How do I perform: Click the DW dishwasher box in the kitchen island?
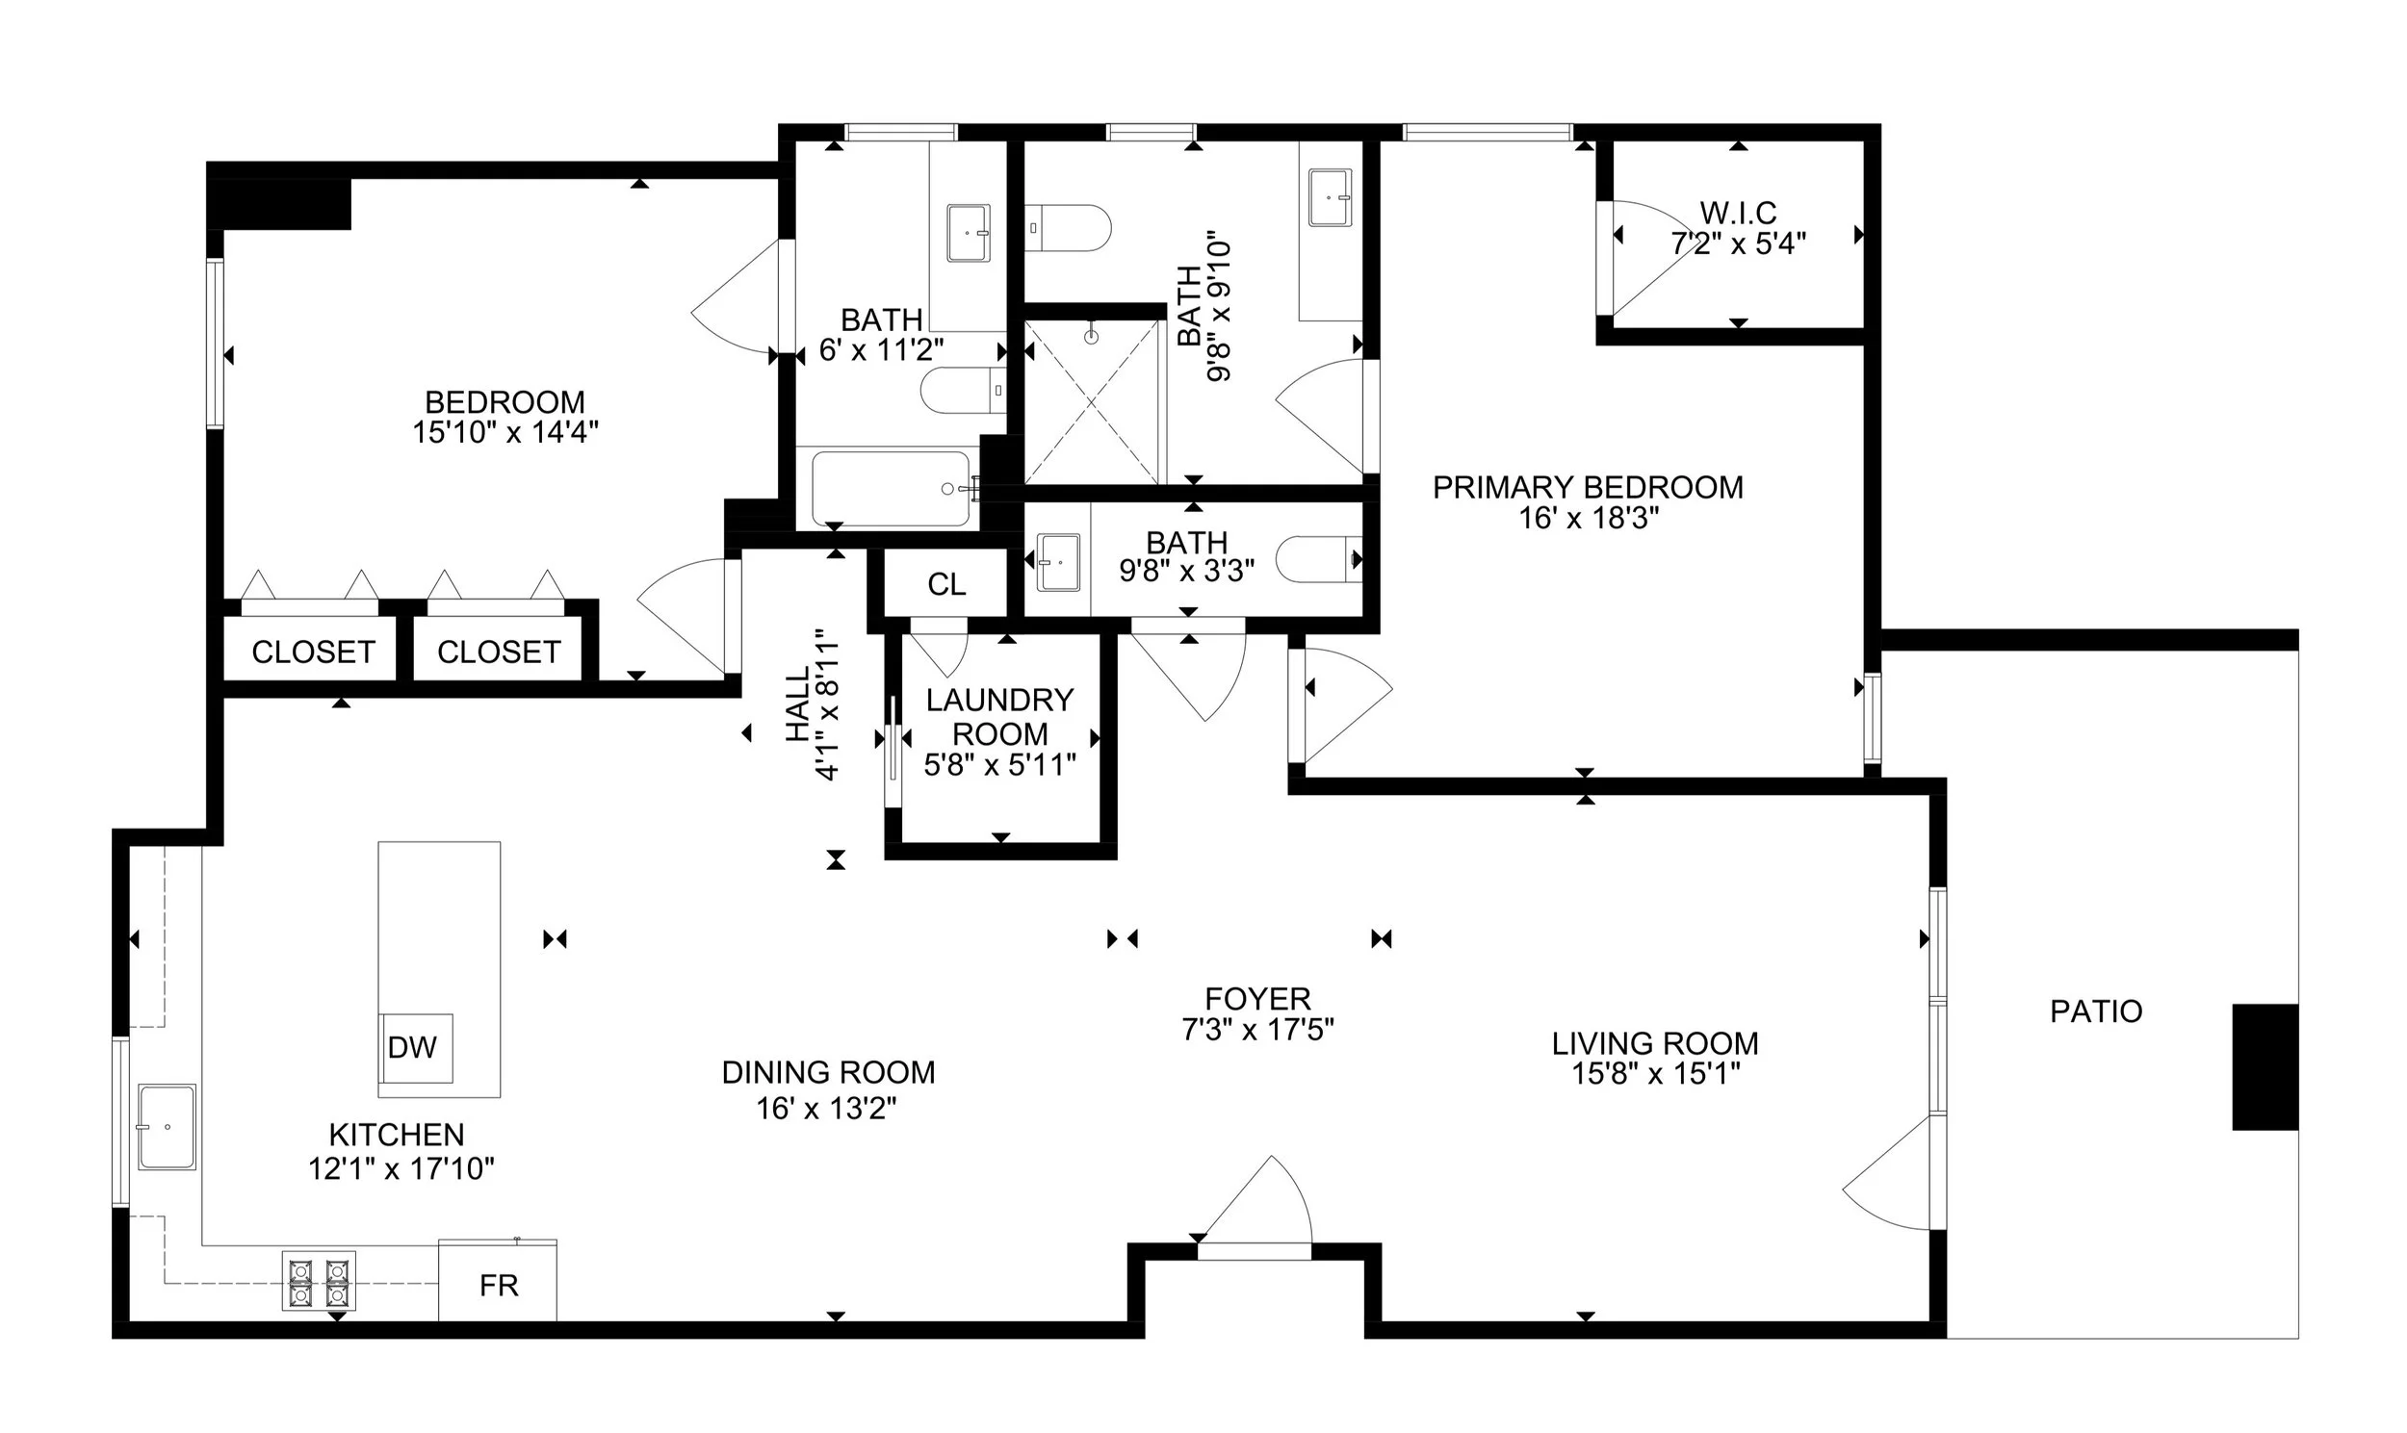pos(415,1048)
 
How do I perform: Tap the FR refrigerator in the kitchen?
pos(498,1280)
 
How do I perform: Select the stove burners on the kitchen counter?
pos(319,1280)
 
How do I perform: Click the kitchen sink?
pos(168,1127)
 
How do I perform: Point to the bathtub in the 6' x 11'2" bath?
pos(891,489)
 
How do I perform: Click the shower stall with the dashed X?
pos(1092,401)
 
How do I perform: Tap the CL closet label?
pos(946,584)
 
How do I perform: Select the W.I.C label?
pos(1739,212)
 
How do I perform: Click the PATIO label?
pos(2097,1011)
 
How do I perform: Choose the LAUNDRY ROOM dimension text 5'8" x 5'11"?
pos(999,766)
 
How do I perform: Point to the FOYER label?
pos(1257,998)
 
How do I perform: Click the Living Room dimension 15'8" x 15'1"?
pos(1656,1074)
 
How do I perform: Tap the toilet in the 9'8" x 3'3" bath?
pos(1319,560)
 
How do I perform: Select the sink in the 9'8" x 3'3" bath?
pos(1059,561)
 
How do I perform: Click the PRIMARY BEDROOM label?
pos(1588,488)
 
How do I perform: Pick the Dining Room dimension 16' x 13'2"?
pos(827,1109)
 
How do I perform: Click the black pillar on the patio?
pos(2265,1067)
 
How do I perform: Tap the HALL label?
pos(798,704)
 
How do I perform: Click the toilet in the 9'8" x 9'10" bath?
pos(1068,228)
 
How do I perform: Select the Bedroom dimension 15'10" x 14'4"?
pos(505,432)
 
